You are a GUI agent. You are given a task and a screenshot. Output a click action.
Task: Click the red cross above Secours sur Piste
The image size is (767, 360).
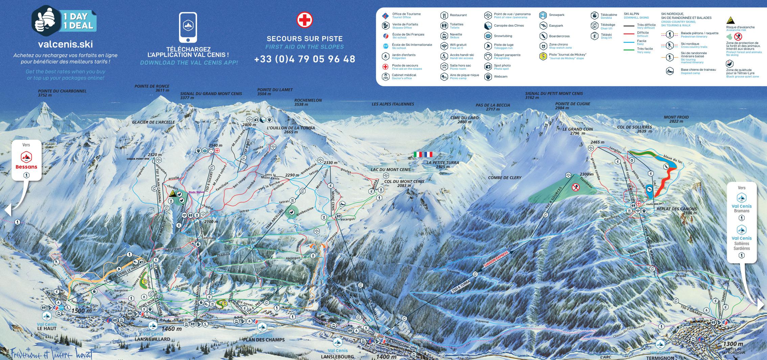click(304, 20)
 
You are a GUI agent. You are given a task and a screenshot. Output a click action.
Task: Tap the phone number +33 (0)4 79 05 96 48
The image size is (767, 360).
click(304, 59)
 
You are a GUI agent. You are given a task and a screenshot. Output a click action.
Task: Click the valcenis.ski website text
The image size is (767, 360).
click(65, 44)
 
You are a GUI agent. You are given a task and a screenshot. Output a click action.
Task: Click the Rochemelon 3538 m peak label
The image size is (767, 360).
click(308, 102)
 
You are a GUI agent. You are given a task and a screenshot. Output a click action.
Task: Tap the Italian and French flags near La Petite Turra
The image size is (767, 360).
click(423, 154)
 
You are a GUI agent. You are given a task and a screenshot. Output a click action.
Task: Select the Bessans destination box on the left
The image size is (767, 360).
click(26, 160)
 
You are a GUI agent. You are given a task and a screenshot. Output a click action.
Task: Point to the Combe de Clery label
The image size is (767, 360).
click(504, 178)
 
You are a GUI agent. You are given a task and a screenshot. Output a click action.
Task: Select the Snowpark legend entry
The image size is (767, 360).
click(551, 15)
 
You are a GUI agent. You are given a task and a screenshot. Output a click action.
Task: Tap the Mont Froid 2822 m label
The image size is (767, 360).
click(676, 119)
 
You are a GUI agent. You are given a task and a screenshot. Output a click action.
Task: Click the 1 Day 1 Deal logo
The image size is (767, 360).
click(64, 21)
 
